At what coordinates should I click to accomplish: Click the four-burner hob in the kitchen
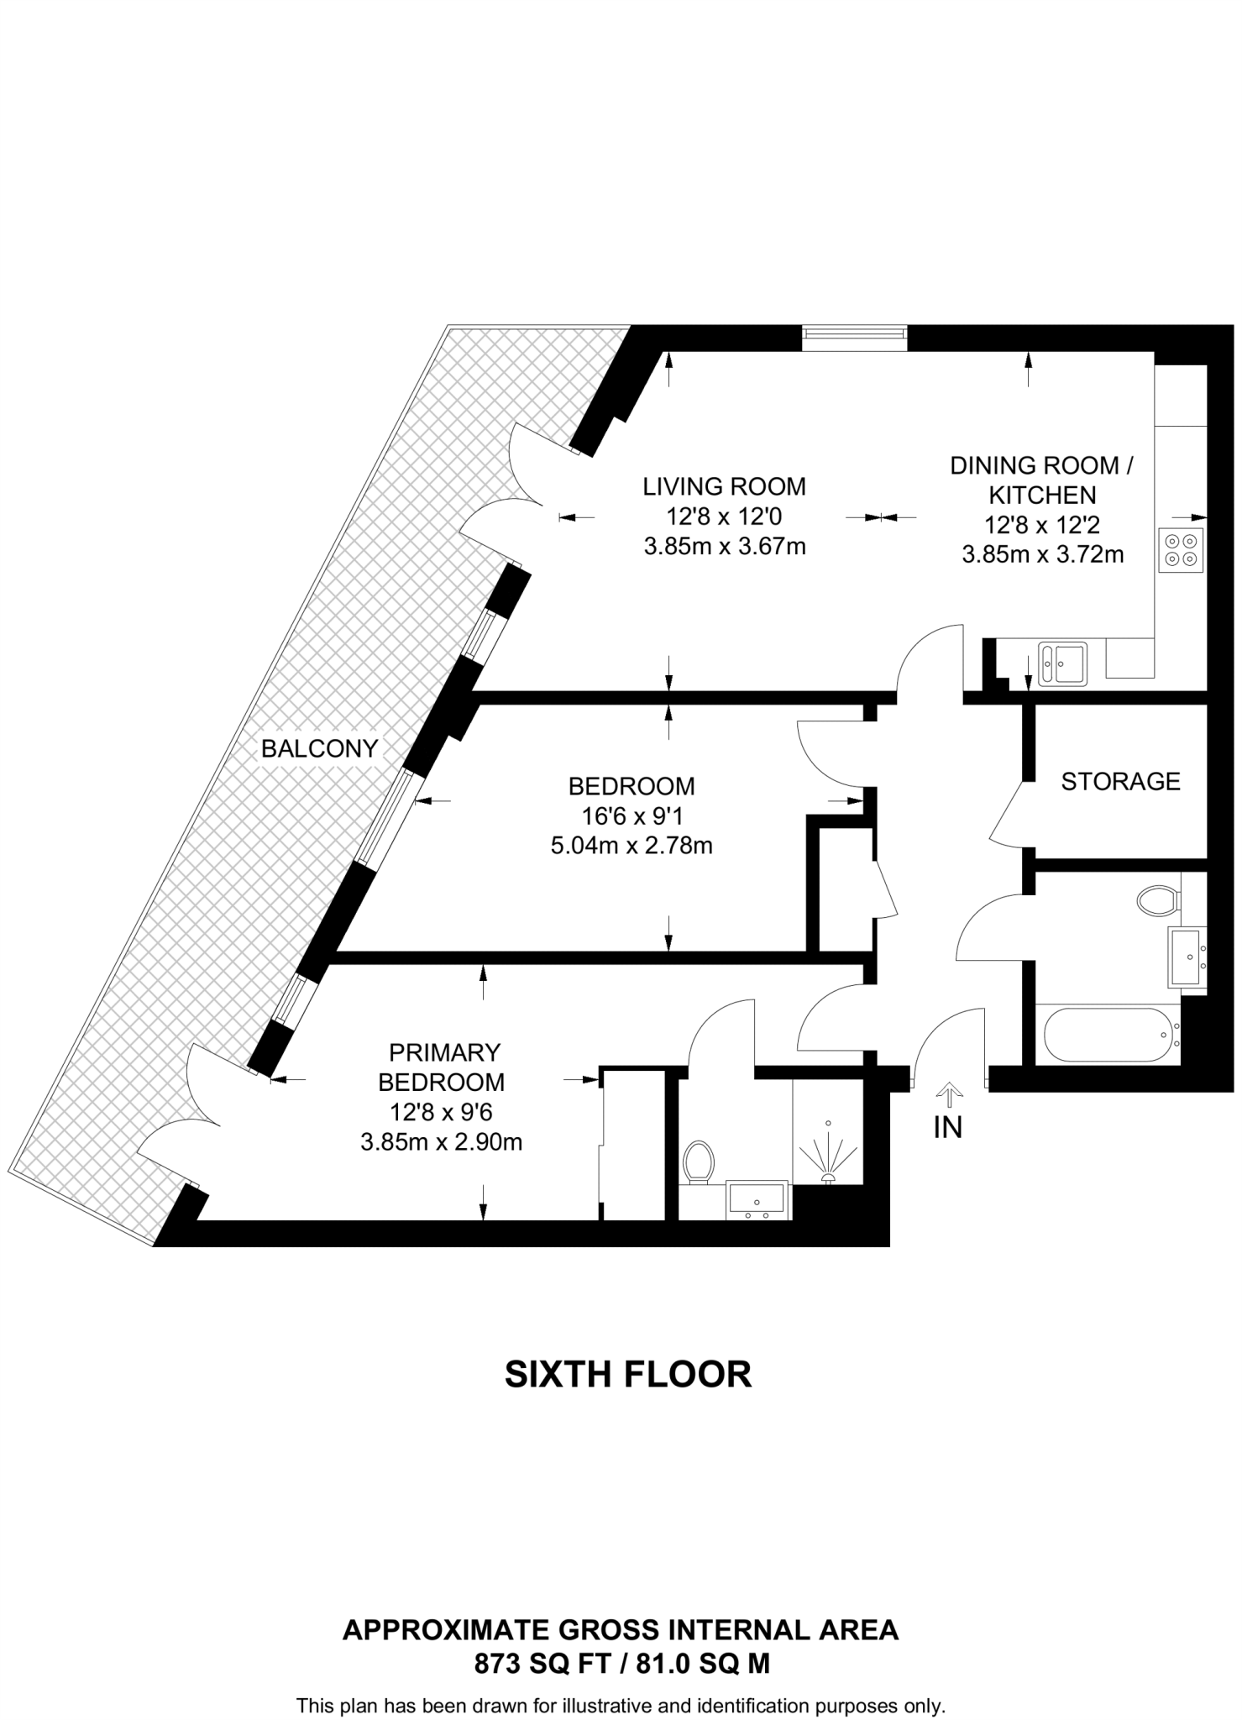pyautogui.click(x=1181, y=550)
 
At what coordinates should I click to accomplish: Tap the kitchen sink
pyautogui.click(x=1062, y=663)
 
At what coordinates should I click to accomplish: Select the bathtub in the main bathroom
pyautogui.click(x=1106, y=1035)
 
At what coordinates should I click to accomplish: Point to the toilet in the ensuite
pyautogui.click(x=698, y=1162)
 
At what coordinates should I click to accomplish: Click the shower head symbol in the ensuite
pyautogui.click(x=828, y=1156)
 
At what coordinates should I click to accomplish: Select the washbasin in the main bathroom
pyautogui.click(x=1187, y=957)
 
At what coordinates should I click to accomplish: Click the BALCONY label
pyautogui.click(x=319, y=748)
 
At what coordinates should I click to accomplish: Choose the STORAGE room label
pyautogui.click(x=1120, y=781)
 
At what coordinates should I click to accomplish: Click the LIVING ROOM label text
pyautogui.click(x=724, y=486)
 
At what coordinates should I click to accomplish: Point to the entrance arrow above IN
pyautogui.click(x=949, y=1094)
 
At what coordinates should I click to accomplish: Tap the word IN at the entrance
pyautogui.click(x=948, y=1128)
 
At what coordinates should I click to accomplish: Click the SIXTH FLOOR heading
pyautogui.click(x=627, y=1375)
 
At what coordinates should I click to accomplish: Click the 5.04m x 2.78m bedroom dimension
pyautogui.click(x=631, y=846)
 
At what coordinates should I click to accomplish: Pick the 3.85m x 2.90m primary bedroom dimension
pyautogui.click(x=441, y=1142)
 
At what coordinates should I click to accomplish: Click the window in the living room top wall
pyautogui.click(x=855, y=338)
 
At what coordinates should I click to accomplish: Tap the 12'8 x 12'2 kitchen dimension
pyautogui.click(x=1042, y=526)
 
